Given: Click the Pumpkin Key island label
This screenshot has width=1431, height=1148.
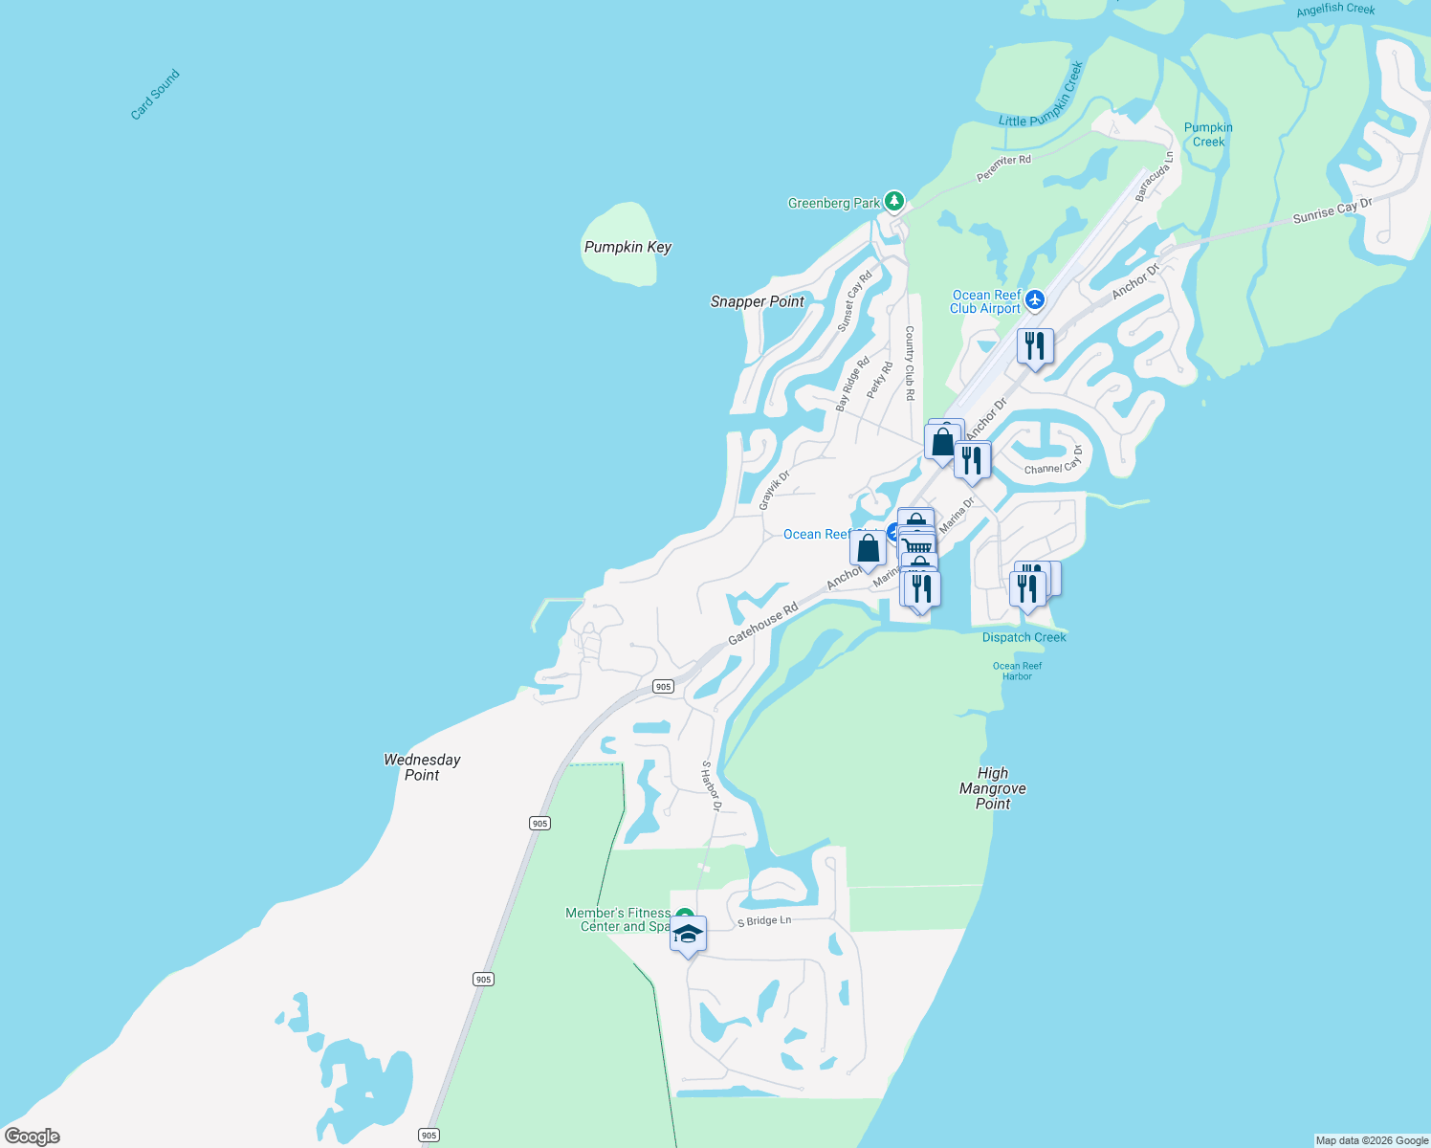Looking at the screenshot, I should tap(627, 247).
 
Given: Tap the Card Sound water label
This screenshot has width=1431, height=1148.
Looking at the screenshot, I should tap(155, 95).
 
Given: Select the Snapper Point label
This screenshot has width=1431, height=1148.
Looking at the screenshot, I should tap(757, 301).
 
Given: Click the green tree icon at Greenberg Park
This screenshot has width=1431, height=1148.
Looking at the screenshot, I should tap(894, 201).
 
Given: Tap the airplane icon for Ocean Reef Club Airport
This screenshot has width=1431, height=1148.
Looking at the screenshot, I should tap(1034, 300).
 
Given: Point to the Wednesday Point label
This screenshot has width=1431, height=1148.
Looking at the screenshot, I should tap(422, 767).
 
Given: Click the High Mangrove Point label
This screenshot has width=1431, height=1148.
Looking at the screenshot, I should tap(993, 788).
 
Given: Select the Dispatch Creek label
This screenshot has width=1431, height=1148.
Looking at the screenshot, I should tap(1024, 637).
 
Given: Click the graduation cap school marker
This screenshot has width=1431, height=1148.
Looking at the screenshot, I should tap(688, 934).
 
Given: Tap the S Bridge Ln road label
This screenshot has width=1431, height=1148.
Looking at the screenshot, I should tap(764, 921).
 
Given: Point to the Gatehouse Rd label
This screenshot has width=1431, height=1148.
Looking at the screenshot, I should tap(762, 624).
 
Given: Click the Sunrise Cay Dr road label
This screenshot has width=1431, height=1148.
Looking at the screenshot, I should tap(1332, 210).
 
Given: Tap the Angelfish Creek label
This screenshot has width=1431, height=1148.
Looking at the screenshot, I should tap(1335, 10).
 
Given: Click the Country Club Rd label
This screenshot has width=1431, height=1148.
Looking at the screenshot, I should tap(910, 363).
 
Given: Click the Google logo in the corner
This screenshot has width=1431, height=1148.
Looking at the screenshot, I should tap(33, 1137).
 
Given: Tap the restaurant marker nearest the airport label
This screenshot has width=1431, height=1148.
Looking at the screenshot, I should tap(1035, 346).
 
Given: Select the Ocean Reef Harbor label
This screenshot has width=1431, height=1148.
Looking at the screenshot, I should tap(1017, 671).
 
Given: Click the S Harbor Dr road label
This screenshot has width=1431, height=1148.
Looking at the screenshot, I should tap(711, 785).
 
